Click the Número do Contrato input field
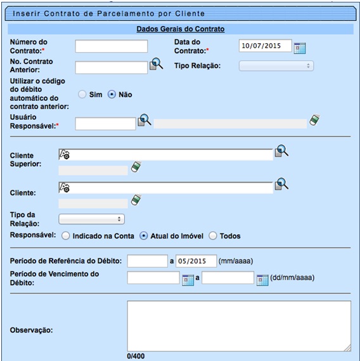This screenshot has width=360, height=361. point(111,46)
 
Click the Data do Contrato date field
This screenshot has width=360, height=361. point(265,46)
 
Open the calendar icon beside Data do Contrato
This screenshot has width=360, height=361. point(300,47)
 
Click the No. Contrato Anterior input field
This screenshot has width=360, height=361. point(111,68)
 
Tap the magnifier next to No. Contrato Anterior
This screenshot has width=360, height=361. point(155,63)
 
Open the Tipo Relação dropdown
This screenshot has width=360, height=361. point(276,65)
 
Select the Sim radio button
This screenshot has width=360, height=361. point(82,95)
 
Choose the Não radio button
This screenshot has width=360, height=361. point(112,95)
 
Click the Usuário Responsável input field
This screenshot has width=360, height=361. point(105,124)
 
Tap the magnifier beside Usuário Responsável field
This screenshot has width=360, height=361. point(145,120)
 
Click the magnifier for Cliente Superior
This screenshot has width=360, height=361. point(281,151)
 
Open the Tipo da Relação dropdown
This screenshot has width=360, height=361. point(91,219)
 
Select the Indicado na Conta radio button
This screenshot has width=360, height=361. point(65,236)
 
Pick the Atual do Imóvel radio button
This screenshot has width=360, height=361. point(143,236)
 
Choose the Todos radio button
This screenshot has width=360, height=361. point(213,236)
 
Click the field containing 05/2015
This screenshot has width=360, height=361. point(196,261)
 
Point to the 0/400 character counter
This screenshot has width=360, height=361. point(136,357)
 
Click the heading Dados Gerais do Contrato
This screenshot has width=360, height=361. point(180,29)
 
